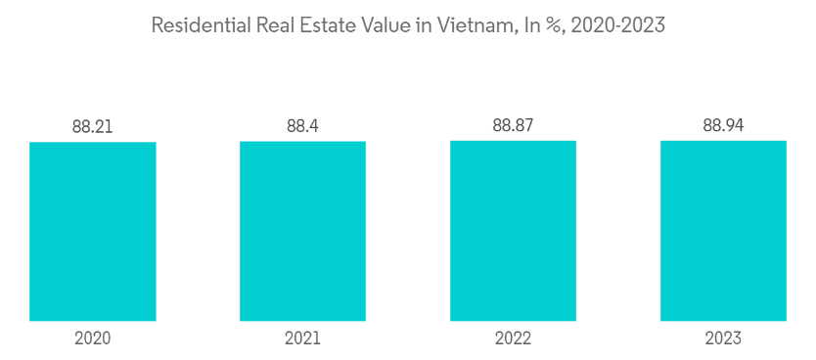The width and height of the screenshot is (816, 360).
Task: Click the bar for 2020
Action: [93, 232]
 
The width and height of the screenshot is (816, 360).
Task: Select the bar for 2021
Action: [303, 231]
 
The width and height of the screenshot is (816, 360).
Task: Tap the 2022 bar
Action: [513, 231]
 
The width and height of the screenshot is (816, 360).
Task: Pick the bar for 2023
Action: [723, 231]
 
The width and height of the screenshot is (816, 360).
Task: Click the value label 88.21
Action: [93, 127]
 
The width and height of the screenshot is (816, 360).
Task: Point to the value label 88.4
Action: [303, 127]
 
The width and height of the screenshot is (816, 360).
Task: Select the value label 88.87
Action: [513, 126]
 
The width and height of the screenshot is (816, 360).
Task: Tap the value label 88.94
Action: [723, 126]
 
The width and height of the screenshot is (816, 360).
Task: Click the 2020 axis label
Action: [93, 338]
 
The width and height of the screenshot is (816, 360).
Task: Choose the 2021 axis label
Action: [303, 338]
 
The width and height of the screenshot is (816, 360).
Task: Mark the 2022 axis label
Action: [513, 338]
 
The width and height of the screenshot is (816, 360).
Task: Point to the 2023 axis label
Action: [723, 338]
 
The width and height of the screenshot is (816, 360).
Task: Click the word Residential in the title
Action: [199, 25]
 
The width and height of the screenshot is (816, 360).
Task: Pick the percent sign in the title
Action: [553, 25]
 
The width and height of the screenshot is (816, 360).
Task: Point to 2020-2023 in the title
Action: [617, 25]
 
